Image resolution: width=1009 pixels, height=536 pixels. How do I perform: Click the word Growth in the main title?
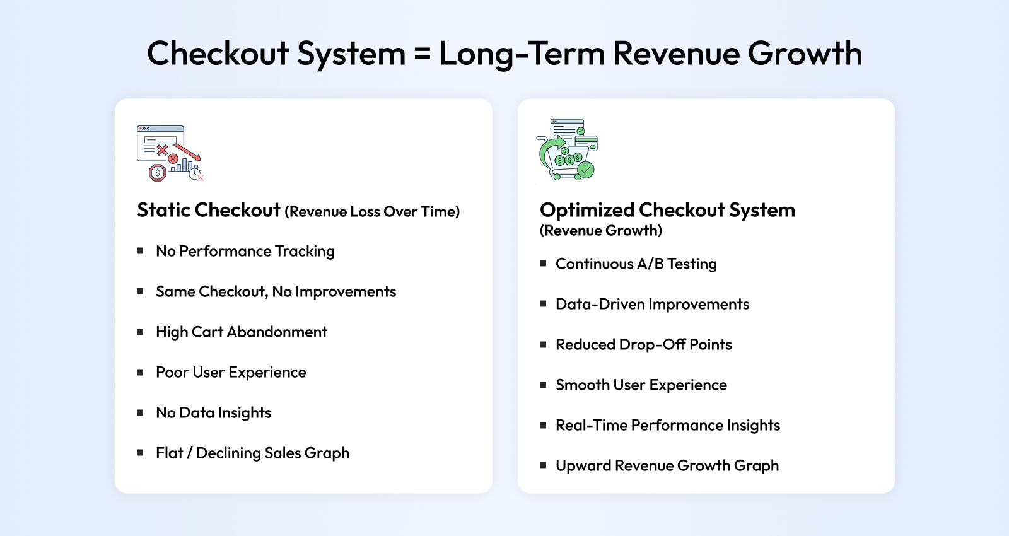tap(805, 53)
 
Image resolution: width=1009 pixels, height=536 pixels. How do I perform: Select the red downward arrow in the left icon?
tap(187, 152)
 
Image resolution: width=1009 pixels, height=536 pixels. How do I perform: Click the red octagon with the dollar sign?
tap(157, 173)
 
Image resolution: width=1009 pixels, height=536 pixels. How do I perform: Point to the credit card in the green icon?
tap(586, 143)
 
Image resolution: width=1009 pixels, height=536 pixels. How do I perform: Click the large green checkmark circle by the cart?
tap(586, 170)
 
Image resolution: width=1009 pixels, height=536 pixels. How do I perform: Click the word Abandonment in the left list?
tap(277, 332)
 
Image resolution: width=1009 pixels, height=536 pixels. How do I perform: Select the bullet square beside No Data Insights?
tap(140, 412)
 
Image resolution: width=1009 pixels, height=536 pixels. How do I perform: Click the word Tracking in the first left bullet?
tap(305, 252)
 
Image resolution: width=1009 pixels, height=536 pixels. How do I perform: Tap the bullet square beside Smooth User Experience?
tap(543, 385)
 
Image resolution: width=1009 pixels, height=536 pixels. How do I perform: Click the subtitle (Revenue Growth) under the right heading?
tap(601, 231)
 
